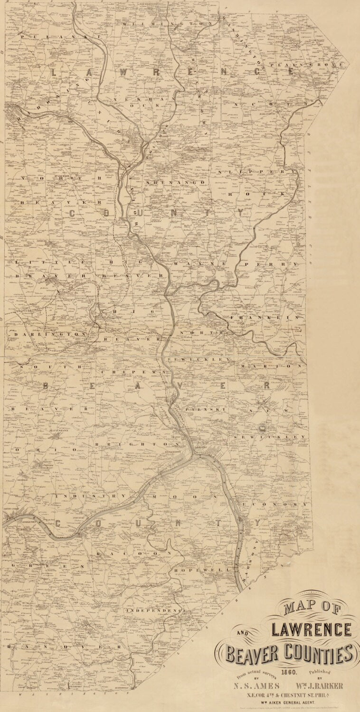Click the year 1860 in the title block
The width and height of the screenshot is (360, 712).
click(x=289, y=672)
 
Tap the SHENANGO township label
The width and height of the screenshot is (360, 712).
click(x=175, y=182)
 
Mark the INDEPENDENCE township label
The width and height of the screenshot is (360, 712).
click(x=154, y=610)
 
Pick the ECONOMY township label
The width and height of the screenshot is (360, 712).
click(x=275, y=504)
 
